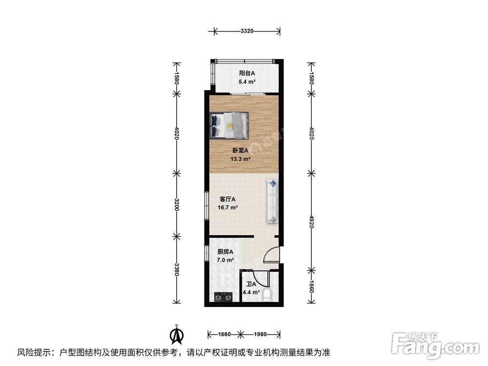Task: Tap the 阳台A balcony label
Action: [x=247, y=73]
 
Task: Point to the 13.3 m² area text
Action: [x=241, y=159]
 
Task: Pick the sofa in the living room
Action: [x=272, y=202]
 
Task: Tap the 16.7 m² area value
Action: [x=228, y=207]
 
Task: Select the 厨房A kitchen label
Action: [x=225, y=252]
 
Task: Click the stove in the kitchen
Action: [x=224, y=297]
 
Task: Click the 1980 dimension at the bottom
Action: [x=260, y=334]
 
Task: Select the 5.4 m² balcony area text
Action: [x=247, y=81]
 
